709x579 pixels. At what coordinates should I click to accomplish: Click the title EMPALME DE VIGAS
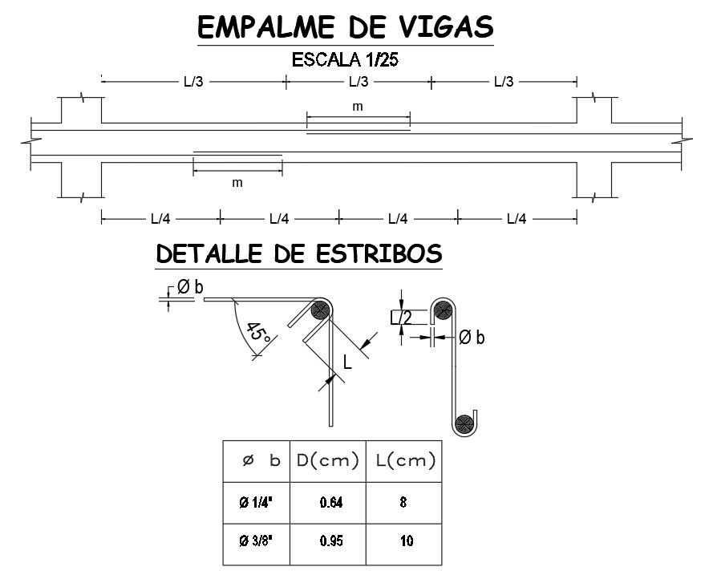(345, 26)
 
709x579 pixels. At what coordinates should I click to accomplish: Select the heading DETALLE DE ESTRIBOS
(298, 254)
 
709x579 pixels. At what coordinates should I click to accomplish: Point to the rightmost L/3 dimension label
(504, 81)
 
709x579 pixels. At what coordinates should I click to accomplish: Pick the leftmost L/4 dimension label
(160, 218)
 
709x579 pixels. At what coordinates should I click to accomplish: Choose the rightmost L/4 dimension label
(517, 218)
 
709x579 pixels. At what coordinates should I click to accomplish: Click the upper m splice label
(358, 107)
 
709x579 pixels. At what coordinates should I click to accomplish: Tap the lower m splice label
(237, 183)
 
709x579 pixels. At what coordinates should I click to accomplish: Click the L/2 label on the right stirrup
(400, 318)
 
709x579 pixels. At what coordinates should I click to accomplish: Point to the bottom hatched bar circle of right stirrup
(463, 423)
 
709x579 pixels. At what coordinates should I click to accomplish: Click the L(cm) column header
(405, 460)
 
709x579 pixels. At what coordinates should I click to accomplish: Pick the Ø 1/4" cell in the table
(256, 504)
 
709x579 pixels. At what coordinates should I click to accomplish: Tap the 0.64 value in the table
(330, 504)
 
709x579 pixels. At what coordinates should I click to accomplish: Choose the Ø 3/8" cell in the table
(256, 541)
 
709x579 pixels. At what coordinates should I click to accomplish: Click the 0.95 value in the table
(330, 541)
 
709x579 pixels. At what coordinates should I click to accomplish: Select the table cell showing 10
(406, 541)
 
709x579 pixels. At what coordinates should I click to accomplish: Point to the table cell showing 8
(403, 504)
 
